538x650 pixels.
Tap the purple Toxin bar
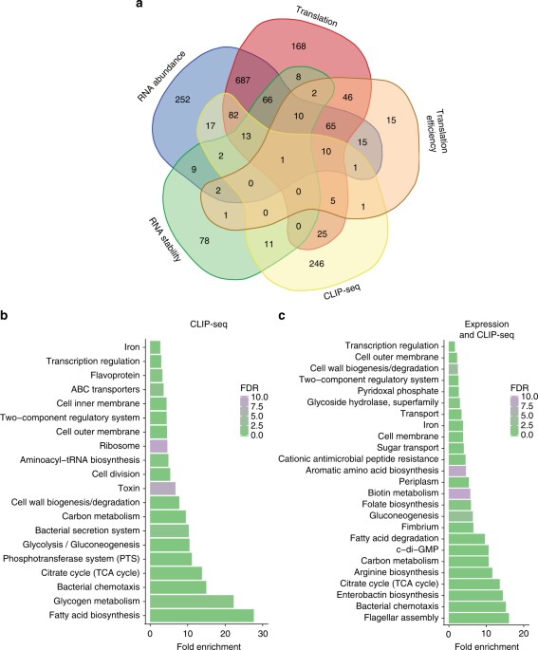tap(162, 488)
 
